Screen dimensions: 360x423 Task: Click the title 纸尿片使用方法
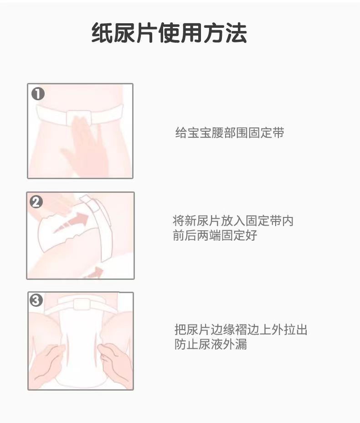[x=169, y=33]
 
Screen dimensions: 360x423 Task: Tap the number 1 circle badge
[x=38, y=94]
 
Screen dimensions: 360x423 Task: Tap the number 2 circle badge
[x=36, y=202]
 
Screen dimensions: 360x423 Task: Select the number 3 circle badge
[x=36, y=300]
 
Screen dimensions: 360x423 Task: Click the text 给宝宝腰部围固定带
[x=230, y=133]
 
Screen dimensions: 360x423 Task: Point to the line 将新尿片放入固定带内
[x=233, y=221]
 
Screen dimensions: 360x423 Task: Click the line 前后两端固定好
[x=215, y=235]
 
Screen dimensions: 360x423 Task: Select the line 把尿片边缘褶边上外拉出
[x=241, y=330]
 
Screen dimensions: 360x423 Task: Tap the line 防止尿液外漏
[x=211, y=344]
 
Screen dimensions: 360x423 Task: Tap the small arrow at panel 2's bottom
[x=93, y=273]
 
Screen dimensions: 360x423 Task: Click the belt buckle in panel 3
[x=82, y=304]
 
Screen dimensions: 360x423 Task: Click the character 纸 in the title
[x=102, y=33]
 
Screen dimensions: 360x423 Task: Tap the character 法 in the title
[x=236, y=33]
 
